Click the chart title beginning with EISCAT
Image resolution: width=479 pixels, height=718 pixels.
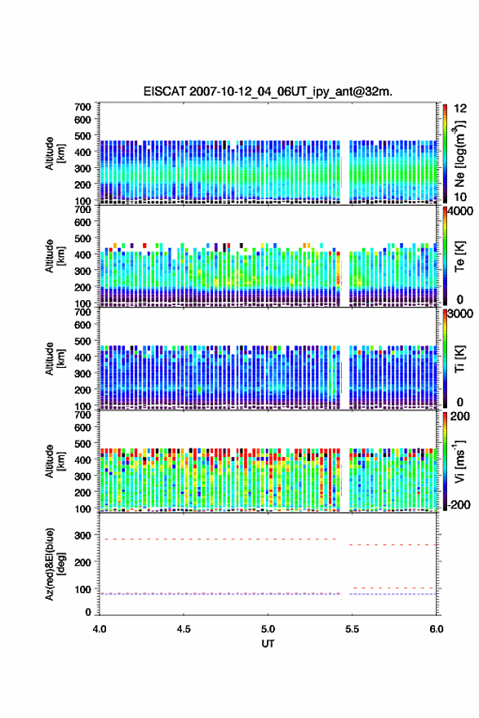click(268, 91)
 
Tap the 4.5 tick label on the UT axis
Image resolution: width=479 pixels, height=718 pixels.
click(184, 629)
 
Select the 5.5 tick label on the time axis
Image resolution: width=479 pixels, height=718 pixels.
click(353, 629)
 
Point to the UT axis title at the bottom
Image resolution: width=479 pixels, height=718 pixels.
click(268, 644)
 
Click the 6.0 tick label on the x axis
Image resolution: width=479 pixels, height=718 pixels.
click(437, 629)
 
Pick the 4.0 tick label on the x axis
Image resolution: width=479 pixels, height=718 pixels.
click(100, 629)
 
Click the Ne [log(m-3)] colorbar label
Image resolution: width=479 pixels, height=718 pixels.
click(459, 153)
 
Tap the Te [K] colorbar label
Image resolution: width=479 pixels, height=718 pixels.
click(459, 256)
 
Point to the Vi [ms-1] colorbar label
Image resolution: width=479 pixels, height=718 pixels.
click(459, 461)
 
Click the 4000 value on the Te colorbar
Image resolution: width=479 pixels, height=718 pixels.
click(461, 211)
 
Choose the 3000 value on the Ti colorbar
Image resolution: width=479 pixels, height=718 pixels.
click(461, 313)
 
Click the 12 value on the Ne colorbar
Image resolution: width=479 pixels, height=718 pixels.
click(460, 108)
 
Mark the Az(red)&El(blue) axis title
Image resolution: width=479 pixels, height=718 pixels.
click(55, 564)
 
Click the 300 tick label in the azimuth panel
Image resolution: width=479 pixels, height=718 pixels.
click(82, 535)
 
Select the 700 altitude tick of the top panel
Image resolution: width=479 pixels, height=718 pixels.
click(82, 107)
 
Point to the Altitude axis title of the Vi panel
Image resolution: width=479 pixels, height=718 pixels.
click(55, 461)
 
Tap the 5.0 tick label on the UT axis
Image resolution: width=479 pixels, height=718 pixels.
click(268, 629)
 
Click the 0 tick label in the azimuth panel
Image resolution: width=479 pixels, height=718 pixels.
click(88, 612)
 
